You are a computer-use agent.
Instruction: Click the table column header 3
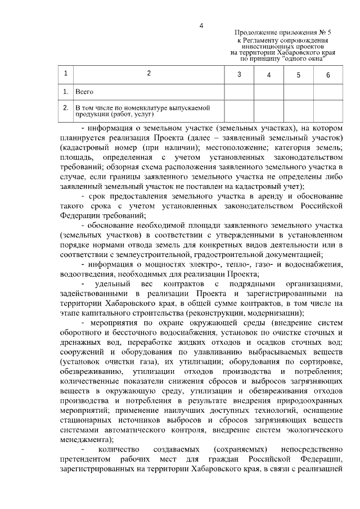pyautogui.click(x=239, y=74)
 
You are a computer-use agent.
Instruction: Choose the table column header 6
pyautogui.click(x=328, y=74)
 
